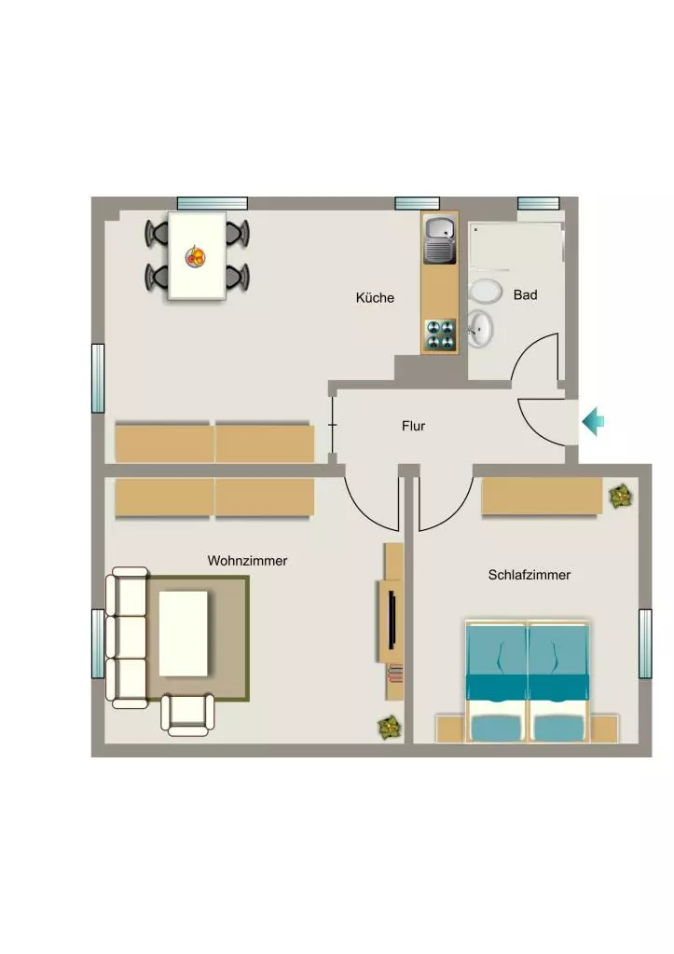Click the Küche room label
375,297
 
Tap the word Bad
526,295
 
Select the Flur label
413,426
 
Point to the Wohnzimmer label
247,560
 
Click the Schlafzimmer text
530,575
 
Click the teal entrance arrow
593,422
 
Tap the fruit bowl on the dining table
196,256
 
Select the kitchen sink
440,240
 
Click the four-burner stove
440,335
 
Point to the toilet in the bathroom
486,292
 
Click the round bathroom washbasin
480,328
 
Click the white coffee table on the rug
184,634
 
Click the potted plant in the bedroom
621,497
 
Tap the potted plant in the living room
389,727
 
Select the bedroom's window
645,644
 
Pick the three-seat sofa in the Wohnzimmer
128,637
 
